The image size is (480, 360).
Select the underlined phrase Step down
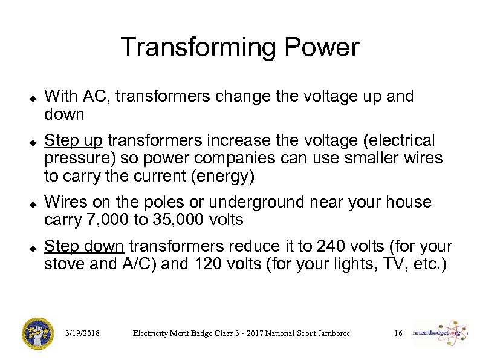tap(85, 247)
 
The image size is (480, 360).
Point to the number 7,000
tap(107, 220)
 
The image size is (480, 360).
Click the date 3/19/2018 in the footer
tap(83, 333)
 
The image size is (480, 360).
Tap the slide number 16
tap(398, 333)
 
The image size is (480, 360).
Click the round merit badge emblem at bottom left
tap(38, 333)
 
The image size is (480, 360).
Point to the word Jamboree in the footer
tap(329, 333)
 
